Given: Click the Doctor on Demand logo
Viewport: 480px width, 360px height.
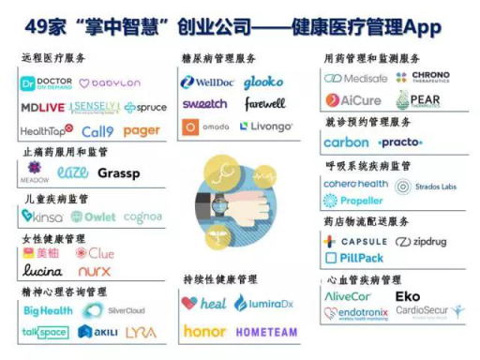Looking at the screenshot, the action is (46, 84).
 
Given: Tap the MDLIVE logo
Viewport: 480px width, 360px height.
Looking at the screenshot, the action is (43, 108).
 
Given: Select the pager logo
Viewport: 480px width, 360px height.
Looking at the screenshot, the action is (142, 131).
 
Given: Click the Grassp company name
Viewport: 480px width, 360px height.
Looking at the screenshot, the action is (118, 173).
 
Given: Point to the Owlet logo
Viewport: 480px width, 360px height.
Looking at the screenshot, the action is (93, 217).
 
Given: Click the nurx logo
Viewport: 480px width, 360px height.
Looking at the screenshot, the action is (94, 271).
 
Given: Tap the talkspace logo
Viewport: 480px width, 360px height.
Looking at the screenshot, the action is (44, 332).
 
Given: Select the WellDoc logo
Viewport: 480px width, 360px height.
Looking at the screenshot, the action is (206, 82).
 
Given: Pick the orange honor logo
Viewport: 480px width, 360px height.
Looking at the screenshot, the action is (204, 331).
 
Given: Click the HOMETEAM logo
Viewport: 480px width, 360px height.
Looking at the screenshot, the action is (266, 332).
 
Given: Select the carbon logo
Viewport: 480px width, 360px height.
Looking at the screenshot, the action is (346, 142).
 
